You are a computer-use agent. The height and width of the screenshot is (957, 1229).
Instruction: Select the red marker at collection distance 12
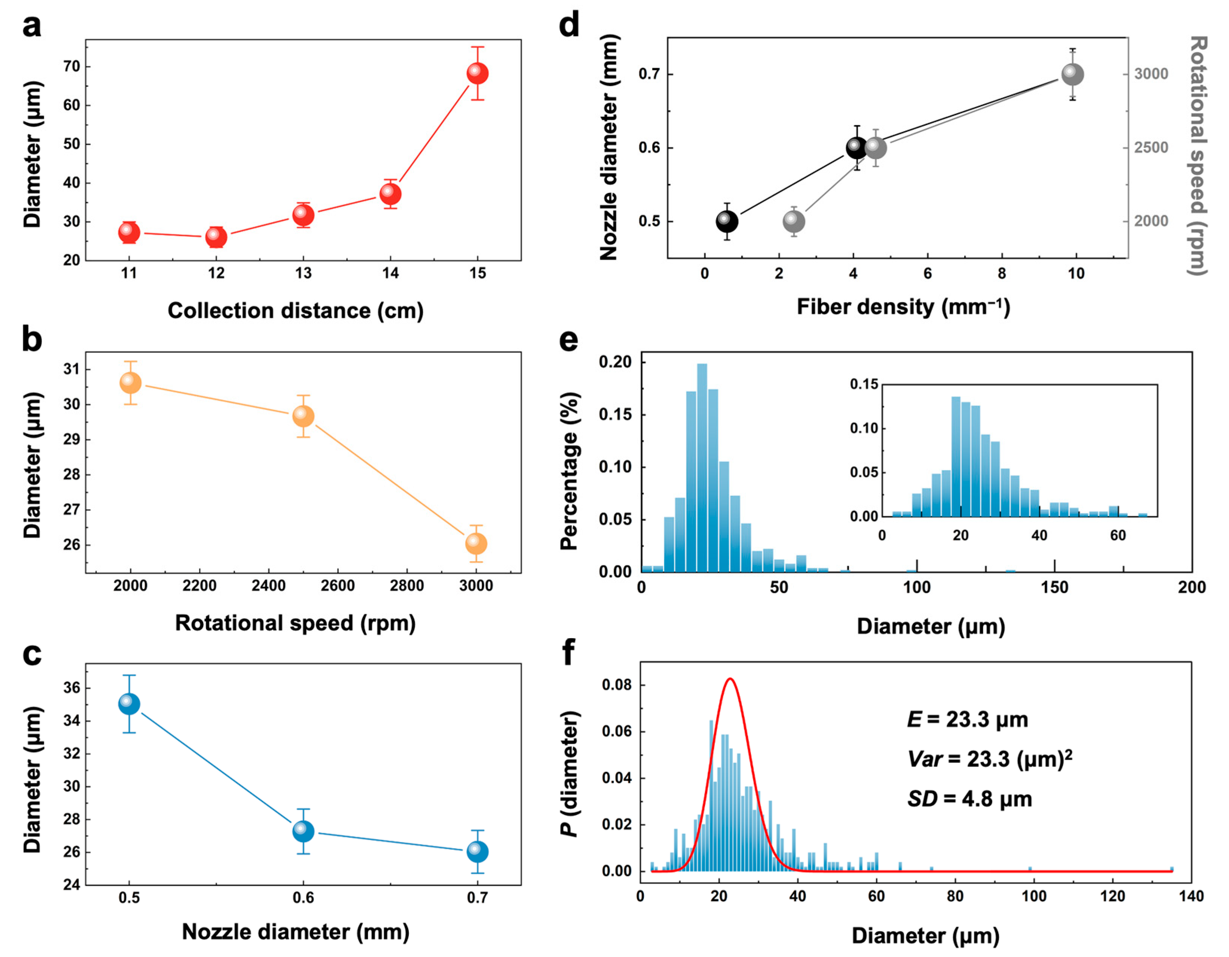point(216,237)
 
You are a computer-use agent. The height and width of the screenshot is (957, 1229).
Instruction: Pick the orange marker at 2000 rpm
point(131,383)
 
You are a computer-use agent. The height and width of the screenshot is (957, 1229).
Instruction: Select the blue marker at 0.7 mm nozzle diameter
point(477,852)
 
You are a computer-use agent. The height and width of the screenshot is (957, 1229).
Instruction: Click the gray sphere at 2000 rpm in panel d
point(794,221)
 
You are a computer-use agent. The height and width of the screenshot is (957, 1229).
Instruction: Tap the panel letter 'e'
point(569,341)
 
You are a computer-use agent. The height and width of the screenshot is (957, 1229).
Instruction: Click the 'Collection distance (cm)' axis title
point(295,311)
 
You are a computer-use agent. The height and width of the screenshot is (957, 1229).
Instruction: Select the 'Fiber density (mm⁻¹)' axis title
point(903,307)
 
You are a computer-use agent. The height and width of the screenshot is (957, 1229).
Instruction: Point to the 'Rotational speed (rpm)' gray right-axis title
point(1198,156)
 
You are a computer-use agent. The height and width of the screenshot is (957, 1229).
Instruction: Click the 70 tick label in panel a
point(72,66)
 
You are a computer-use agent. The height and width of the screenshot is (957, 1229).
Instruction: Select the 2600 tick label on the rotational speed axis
point(338,586)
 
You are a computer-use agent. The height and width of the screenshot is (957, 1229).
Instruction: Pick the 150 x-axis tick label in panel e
point(1054,588)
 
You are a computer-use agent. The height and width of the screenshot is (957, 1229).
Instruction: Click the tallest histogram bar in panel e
point(702,467)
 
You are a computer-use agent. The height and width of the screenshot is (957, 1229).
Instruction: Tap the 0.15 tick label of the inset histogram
point(864,384)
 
